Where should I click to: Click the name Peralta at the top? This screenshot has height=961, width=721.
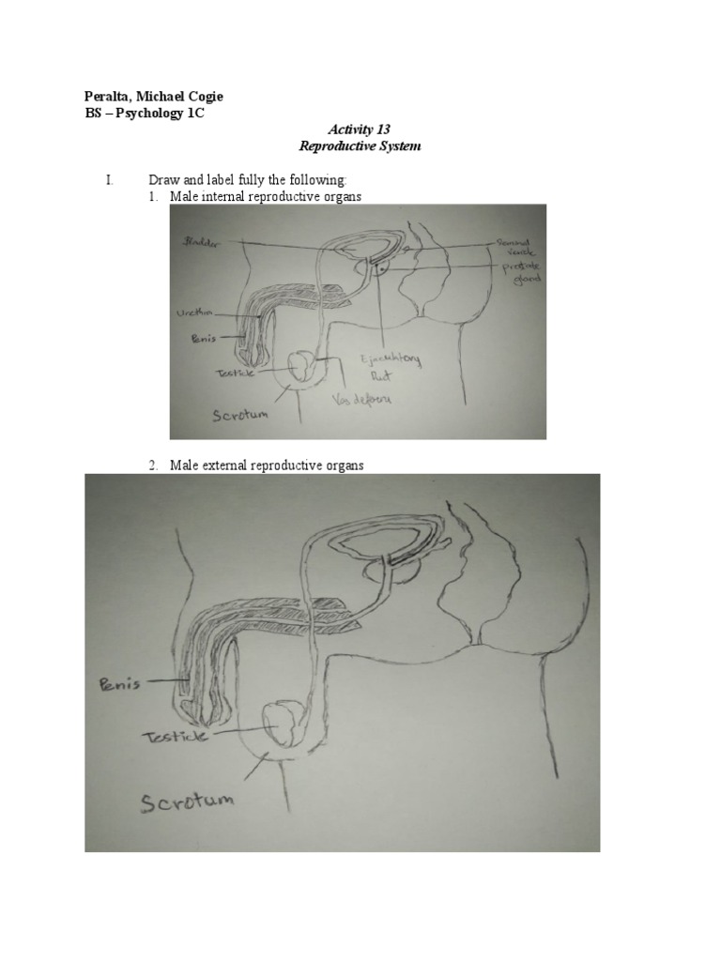[101, 99]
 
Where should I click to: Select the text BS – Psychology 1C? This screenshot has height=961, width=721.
[140, 114]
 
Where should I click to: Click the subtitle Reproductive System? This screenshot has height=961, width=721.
[359, 146]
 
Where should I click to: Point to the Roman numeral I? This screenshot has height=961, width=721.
[110, 179]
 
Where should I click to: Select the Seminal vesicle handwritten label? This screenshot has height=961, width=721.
[513, 247]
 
